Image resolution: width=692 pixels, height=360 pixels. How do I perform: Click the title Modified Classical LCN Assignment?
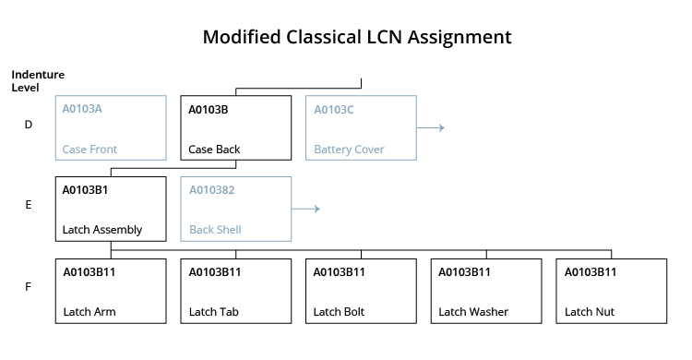356,38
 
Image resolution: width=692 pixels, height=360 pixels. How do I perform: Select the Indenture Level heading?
38,80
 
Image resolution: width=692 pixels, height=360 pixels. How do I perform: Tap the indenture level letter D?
29,125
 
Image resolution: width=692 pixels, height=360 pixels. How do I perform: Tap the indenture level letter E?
29,205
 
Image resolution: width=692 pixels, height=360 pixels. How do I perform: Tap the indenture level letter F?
29,287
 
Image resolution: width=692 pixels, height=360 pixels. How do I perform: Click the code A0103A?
82,109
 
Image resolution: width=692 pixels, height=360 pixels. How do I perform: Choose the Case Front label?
89,149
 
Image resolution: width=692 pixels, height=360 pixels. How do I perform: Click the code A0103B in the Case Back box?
209,109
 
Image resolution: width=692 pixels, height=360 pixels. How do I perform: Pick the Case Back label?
214,149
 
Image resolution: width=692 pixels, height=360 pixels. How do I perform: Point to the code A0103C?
334,109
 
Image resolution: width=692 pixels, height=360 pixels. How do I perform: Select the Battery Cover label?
349,149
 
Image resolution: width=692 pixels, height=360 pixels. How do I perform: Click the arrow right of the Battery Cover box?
431,127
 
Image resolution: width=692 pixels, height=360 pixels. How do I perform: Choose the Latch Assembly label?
101,230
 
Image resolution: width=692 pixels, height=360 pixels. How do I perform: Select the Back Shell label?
215,230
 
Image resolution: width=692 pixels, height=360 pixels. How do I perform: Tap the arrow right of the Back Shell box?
305,210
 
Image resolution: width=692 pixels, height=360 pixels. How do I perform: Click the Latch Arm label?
89,312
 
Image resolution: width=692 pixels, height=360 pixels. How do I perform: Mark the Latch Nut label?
590,312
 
